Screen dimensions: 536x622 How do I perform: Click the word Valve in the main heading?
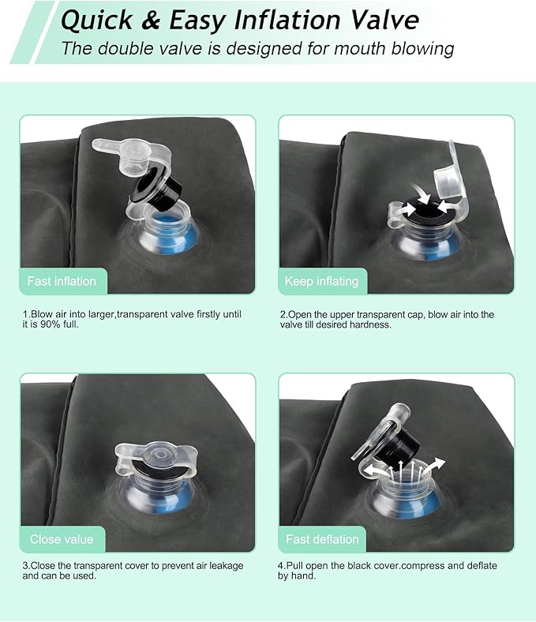pyautogui.click(x=385, y=21)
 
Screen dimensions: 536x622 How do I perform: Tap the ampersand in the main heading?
pyautogui.click(x=150, y=21)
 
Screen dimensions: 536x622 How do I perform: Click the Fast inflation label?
pyautogui.click(x=62, y=281)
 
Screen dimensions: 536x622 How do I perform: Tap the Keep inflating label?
pyautogui.click(x=321, y=281)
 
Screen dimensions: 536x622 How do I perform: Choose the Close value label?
pyautogui.click(x=62, y=539)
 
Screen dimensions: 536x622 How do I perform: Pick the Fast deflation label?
pyautogui.click(x=322, y=539)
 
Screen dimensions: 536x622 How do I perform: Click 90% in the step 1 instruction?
pyautogui.click(x=51, y=324)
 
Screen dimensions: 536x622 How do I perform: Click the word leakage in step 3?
pyautogui.click(x=226, y=566)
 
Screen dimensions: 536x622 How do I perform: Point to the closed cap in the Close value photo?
pyautogui.click(x=157, y=456)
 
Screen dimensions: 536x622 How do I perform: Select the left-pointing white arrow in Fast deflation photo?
pyautogui.click(x=375, y=470)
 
